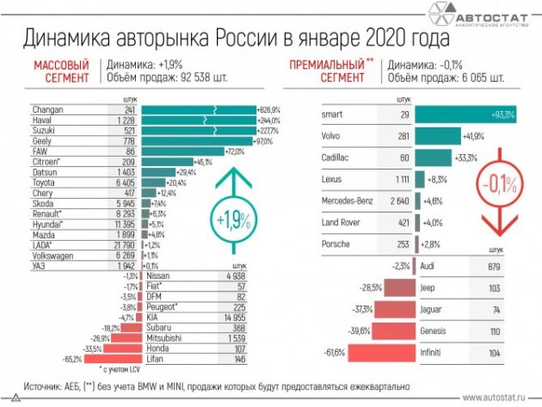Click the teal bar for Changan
click(x=198, y=110)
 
